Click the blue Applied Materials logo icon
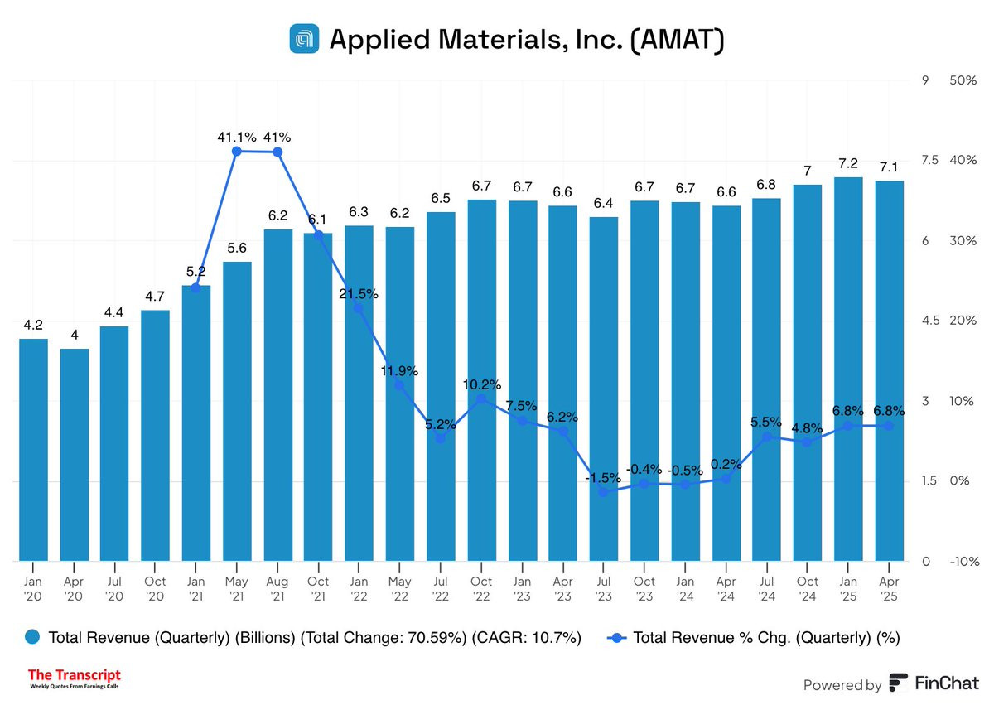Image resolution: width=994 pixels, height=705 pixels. point(304,39)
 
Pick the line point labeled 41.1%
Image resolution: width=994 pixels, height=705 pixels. point(236,151)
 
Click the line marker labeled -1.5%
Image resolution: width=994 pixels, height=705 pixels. point(603,492)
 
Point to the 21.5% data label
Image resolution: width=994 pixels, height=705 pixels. point(358,293)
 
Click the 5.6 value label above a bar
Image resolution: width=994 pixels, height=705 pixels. point(236,249)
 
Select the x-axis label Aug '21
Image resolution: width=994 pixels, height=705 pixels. point(277,589)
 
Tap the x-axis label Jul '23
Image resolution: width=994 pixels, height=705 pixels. point(603,589)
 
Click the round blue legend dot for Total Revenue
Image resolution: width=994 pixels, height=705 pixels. point(33,637)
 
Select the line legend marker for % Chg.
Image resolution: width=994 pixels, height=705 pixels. point(616,637)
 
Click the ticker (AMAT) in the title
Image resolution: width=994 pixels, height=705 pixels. point(676,40)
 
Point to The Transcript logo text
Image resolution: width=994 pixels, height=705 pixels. point(75,675)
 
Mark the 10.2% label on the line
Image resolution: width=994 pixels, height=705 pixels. point(481,384)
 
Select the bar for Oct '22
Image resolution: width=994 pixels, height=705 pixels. point(481,380)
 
